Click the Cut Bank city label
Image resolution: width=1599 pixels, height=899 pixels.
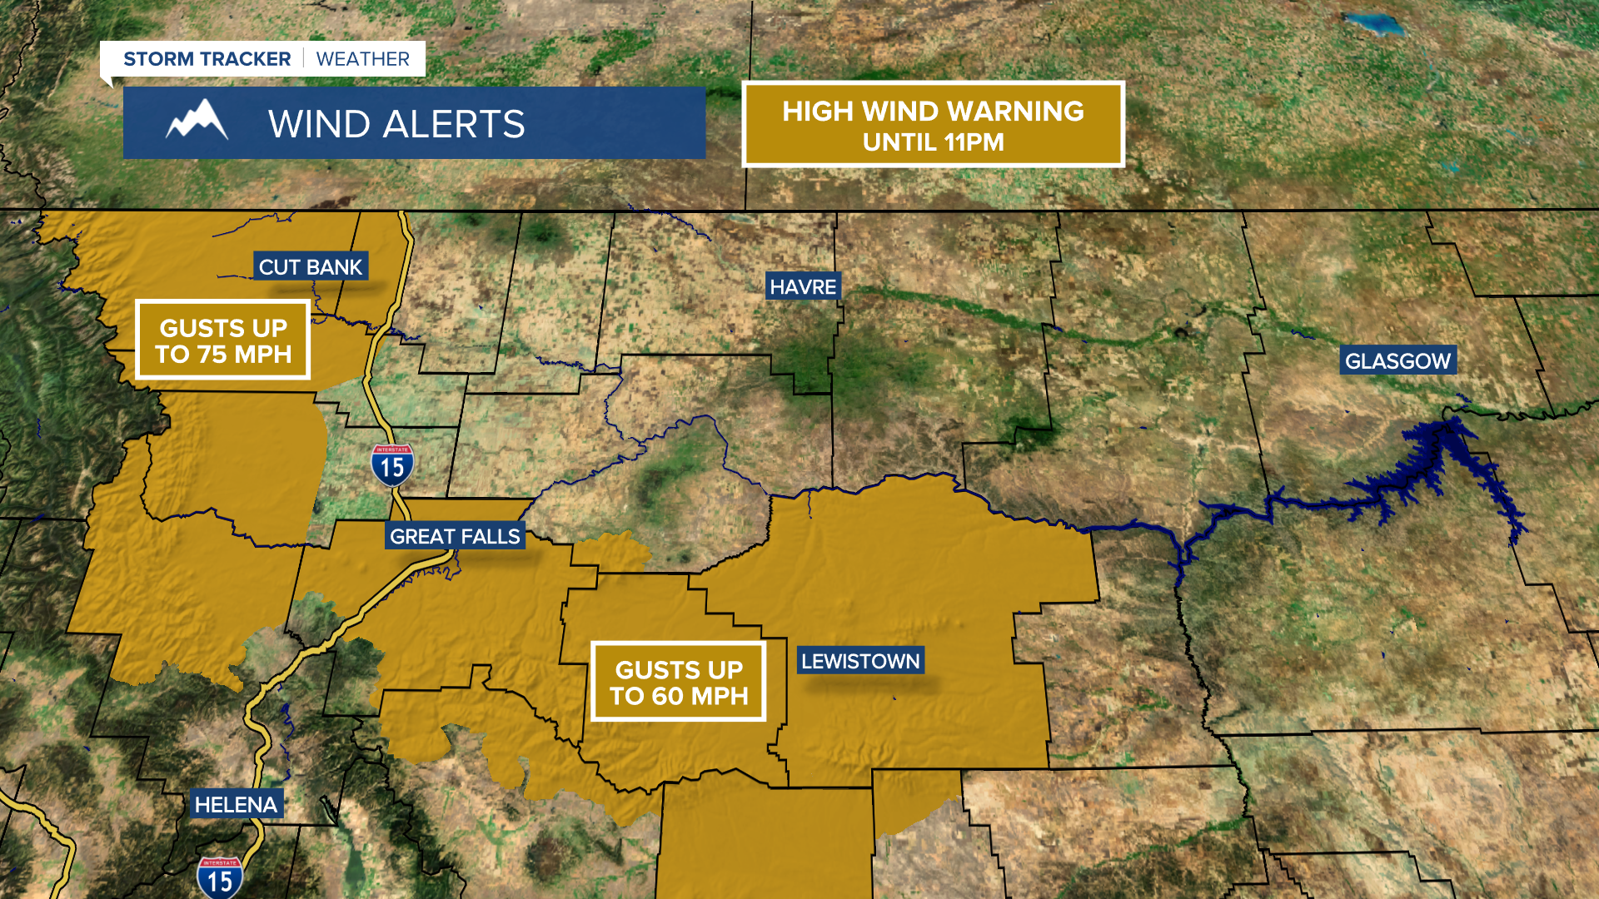[311, 267]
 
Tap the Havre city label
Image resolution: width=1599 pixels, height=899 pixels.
[803, 287]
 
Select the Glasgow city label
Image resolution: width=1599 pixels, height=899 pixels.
[1397, 361]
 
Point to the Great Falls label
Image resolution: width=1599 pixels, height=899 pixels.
[455, 537]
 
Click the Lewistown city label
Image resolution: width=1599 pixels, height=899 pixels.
[860, 662]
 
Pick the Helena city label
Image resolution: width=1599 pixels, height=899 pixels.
[236, 805]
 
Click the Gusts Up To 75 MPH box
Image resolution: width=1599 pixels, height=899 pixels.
[223, 340]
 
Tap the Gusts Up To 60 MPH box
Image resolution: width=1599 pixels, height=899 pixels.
[679, 683]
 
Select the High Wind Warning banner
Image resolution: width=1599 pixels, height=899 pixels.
[933, 125]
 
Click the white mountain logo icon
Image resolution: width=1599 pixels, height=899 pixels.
[197, 122]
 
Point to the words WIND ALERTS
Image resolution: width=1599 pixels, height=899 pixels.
[396, 125]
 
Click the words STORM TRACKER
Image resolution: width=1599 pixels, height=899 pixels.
[207, 59]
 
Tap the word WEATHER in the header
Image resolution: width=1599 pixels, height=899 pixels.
[363, 59]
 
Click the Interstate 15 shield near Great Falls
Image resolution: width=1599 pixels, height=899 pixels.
[392, 466]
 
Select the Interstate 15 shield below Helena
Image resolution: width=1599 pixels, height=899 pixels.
[220, 879]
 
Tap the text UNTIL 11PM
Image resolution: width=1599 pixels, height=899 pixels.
[933, 142]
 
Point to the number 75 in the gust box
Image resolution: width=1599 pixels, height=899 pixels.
[212, 355]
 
